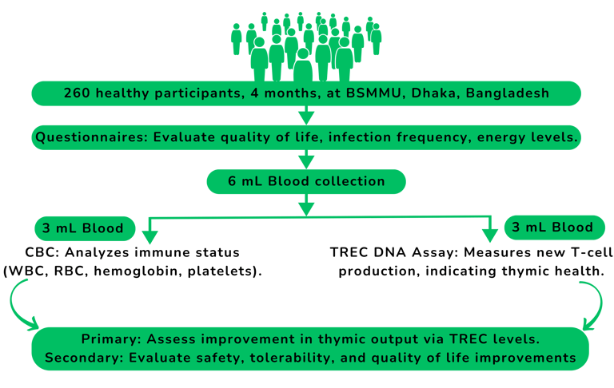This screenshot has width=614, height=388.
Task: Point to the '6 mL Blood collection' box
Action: click(x=306, y=181)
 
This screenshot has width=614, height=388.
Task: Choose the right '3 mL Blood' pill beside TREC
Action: click(x=551, y=228)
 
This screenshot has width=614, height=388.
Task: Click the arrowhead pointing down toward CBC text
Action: click(x=147, y=235)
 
